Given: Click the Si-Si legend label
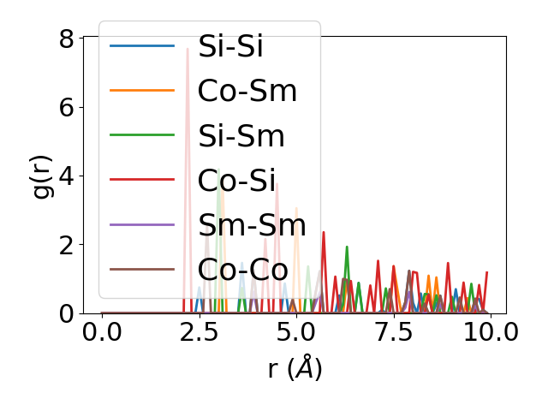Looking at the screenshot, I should click(x=230, y=47).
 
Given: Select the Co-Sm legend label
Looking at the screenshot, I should click(x=247, y=92).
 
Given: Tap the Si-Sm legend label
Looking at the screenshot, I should click(x=241, y=136).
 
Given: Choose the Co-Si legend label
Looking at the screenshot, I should click(x=236, y=181).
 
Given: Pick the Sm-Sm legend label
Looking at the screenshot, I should click(x=252, y=225).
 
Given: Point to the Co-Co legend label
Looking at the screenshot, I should click(x=242, y=270).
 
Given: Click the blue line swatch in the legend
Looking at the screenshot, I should click(x=142, y=47).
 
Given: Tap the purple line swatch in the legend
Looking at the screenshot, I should click(x=142, y=225).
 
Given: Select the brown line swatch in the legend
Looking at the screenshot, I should click(x=142, y=270).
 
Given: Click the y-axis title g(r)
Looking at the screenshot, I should click(x=43, y=175).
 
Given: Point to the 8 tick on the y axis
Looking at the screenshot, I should click(x=66, y=39).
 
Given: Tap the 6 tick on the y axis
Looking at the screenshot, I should click(x=66, y=107).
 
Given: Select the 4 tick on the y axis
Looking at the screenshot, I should click(x=66, y=176).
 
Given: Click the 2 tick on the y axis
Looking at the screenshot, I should click(x=66, y=245).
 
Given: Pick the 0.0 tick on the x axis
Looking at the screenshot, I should click(x=102, y=331).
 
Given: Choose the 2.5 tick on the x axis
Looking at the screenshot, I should click(x=199, y=331).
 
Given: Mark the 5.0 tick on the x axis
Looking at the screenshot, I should click(x=296, y=331).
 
